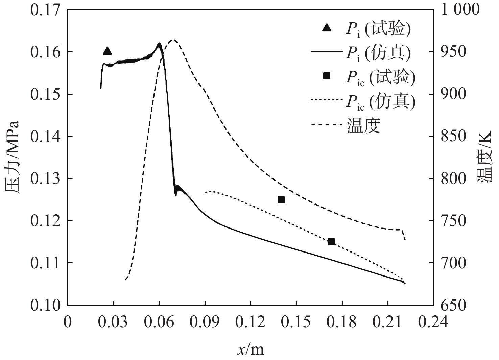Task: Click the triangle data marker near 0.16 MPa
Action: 107,51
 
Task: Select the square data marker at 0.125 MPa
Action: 281,199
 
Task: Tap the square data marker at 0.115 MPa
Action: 331,242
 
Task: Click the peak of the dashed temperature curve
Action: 173,40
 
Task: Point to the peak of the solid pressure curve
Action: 159,44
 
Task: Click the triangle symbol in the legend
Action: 327,28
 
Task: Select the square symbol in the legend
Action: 327,76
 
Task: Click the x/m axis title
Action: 250,350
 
